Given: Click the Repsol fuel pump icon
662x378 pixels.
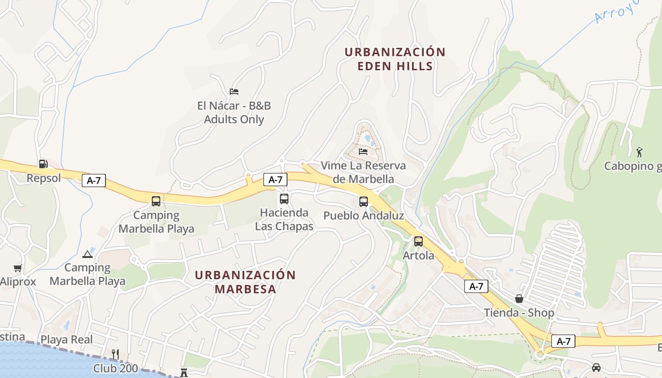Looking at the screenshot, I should [43, 164].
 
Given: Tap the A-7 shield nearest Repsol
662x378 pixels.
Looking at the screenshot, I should [94, 180].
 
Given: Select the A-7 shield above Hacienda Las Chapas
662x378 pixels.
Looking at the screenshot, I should [275, 179].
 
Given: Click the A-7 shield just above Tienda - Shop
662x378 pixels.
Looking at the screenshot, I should [476, 286].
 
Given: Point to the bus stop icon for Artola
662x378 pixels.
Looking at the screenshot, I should [418, 241].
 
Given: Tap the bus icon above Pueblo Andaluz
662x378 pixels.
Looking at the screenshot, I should [363, 202].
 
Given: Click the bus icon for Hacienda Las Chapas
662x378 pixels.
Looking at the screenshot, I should [284, 199].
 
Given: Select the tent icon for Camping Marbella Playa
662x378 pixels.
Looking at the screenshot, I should [87, 254].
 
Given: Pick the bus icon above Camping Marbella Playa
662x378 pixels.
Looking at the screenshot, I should [156, 201].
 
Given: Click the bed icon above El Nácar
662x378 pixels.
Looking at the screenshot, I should [234, 92].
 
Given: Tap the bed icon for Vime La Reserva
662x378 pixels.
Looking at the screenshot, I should [363, 152].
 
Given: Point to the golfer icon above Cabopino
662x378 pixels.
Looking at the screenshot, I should [639, 152].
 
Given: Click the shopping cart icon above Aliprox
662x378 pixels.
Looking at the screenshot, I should [18, 268].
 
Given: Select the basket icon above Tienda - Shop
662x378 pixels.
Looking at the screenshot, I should [519, 299].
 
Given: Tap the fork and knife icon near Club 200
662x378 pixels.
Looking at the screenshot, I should [115, 354].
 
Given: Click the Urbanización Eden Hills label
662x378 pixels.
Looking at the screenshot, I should [395, 59].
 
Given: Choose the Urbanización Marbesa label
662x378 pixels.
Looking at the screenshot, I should [245, 282].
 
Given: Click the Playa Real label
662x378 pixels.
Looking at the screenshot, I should [67, 340].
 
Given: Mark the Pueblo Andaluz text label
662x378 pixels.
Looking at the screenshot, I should [363, 216].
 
